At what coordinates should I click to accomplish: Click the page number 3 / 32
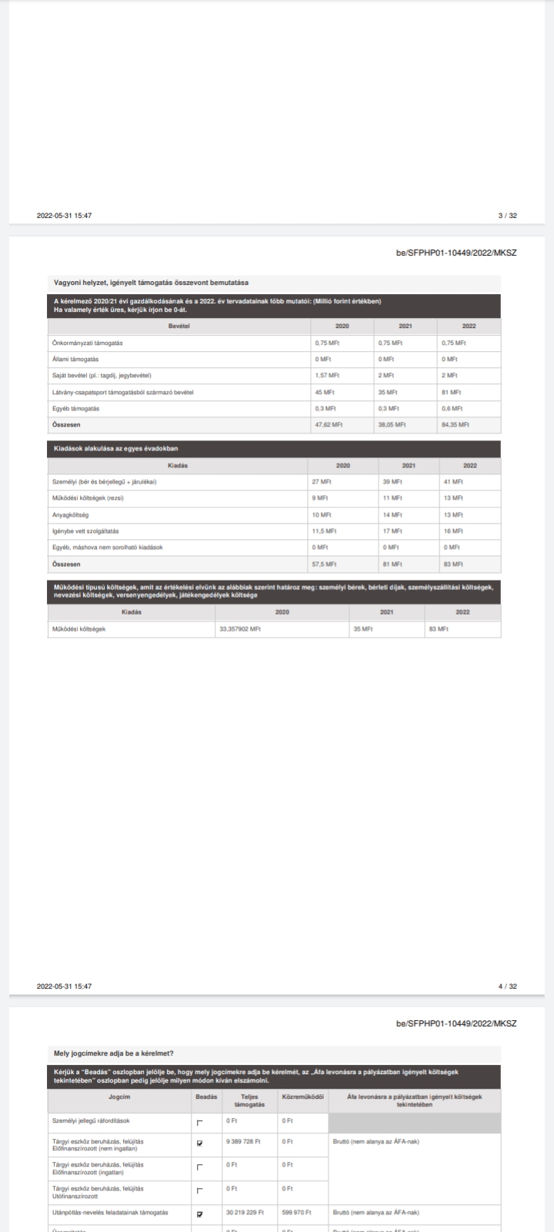click(507, 216)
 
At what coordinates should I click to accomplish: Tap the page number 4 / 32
click(507, 986)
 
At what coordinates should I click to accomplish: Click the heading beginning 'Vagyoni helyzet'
click(151, 283)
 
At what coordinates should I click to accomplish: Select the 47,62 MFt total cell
click(329, 424)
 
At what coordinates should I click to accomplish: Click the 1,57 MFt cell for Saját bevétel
click(327, 376)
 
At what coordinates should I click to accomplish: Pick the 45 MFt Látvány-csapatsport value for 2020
click(323, 392)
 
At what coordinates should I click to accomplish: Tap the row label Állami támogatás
click(75, 360)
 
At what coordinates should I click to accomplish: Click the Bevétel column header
click(179, 326)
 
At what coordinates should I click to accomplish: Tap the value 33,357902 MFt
click(240, 629)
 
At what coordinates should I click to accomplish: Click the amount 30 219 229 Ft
click(244, 1213)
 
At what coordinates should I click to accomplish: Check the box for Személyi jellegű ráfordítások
click(200, 1122)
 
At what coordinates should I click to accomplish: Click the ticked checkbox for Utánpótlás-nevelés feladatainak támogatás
click(200, 1214)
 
